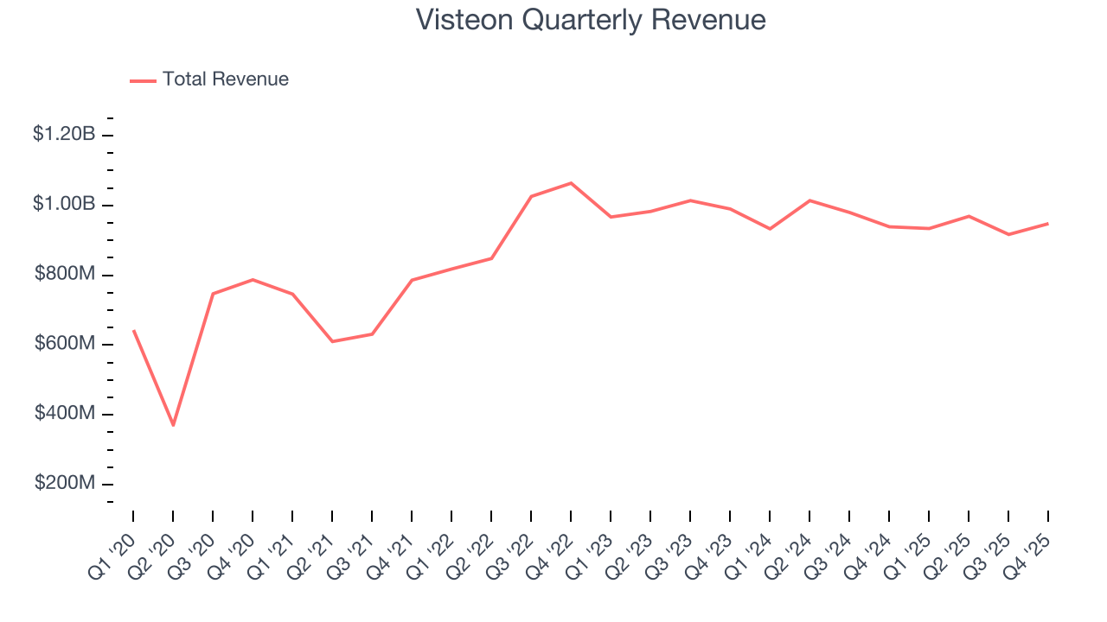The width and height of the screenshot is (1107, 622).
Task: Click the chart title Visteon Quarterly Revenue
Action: (591, 19)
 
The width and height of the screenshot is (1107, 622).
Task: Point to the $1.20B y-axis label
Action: (64, 134)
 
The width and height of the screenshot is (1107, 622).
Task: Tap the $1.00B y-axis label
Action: (64, 204)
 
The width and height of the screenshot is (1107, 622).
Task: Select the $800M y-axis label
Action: (65, 274)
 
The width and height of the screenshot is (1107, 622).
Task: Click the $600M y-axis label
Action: (65, 344)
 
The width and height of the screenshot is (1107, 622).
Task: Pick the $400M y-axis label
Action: (65, 414)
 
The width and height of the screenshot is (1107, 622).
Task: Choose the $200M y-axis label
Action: (65, 484)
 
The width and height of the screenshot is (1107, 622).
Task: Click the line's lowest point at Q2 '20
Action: (173, 425)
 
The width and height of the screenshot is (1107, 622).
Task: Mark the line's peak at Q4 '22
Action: (571, 183)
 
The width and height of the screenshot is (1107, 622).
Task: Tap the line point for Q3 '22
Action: (531, 196)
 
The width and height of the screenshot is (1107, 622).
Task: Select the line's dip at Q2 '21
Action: (332, 341)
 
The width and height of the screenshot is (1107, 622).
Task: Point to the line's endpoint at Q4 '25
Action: (1048, 224)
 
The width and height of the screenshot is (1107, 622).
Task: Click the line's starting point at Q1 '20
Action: (133, 331)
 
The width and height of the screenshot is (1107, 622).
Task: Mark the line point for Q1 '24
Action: (770, 229)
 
